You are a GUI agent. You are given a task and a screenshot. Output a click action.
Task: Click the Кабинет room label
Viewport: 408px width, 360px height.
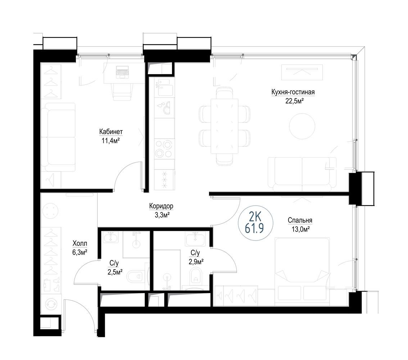(x=111, y=132)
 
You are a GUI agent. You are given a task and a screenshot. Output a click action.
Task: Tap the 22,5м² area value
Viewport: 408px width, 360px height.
(x=295, y=101)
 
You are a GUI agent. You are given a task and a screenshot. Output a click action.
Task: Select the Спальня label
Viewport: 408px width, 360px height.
(x=300, y=220)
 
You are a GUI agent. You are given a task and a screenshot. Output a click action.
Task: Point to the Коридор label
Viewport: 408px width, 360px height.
(x=161, y=206)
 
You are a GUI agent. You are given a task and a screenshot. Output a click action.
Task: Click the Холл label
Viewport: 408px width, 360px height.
(x=80, y=243)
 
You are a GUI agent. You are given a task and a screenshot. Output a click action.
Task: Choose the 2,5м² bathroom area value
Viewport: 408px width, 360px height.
(x=115, y=272)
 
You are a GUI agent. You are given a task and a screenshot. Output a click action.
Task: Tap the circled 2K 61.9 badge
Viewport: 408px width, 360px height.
(x=256, y=223)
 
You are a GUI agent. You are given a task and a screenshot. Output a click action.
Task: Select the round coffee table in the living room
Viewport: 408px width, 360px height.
(x=302, y=126)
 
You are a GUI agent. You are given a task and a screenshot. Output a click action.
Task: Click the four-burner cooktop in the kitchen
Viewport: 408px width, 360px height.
(x=164, y=149)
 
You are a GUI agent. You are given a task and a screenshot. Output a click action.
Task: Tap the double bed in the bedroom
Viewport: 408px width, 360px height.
(x=302, y=271)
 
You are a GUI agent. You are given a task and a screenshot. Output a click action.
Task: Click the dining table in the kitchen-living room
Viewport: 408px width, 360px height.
(x=225, y=126)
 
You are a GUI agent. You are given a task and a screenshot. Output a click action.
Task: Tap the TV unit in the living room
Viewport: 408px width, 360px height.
(x=302, y=72)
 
